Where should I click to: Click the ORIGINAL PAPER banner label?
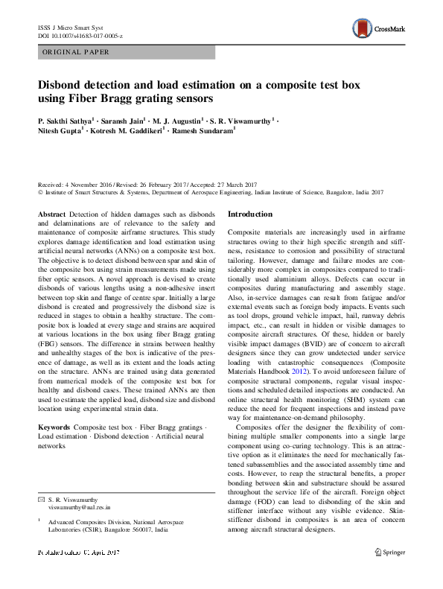tap(76, 52)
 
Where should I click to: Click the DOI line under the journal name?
tap(80, 36)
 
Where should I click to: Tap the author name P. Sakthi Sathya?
tap(66, 120)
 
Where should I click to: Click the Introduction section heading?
tap(251, 214)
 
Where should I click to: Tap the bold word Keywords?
tap(54, 427)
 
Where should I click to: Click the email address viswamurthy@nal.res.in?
tap(79, 506)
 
